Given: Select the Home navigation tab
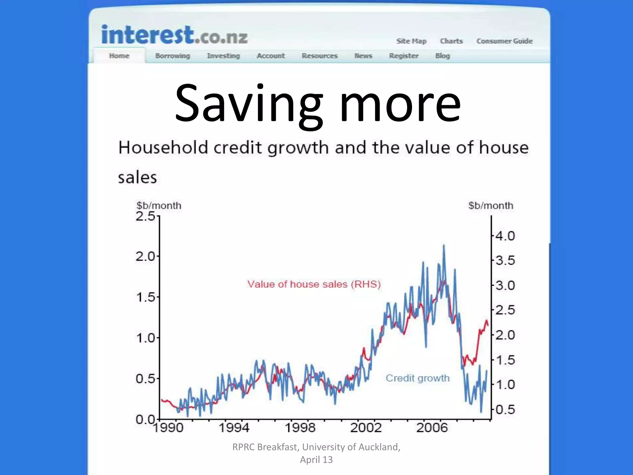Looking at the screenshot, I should tap(119, 56).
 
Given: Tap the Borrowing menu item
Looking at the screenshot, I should tap(172, 56).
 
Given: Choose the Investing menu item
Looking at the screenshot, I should tap(223, 56).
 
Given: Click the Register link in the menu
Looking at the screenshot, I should tap(404, 56).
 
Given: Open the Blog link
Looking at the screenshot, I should tap(442, 56).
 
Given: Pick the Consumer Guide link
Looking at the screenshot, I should tap(504, 41).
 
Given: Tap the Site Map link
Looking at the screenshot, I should tap(411, 41).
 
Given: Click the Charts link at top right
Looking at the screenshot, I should tap(451, 41).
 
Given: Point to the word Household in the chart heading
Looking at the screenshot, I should tap(163, 148).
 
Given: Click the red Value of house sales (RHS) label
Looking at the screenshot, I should tap(314, 284).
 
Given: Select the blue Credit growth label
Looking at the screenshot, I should tap(418, 378).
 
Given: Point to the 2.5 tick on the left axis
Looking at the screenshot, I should tap(145, 216).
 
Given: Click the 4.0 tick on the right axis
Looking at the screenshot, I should tap(505, 236).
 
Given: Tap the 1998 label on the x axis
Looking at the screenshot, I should tap(300, 428).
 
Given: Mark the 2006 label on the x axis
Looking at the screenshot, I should tap(432, 428).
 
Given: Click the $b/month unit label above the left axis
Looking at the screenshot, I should tap(159, 206).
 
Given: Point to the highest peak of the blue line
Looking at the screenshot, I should tap(444, 246).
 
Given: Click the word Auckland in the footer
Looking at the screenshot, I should tap(380, 447).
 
